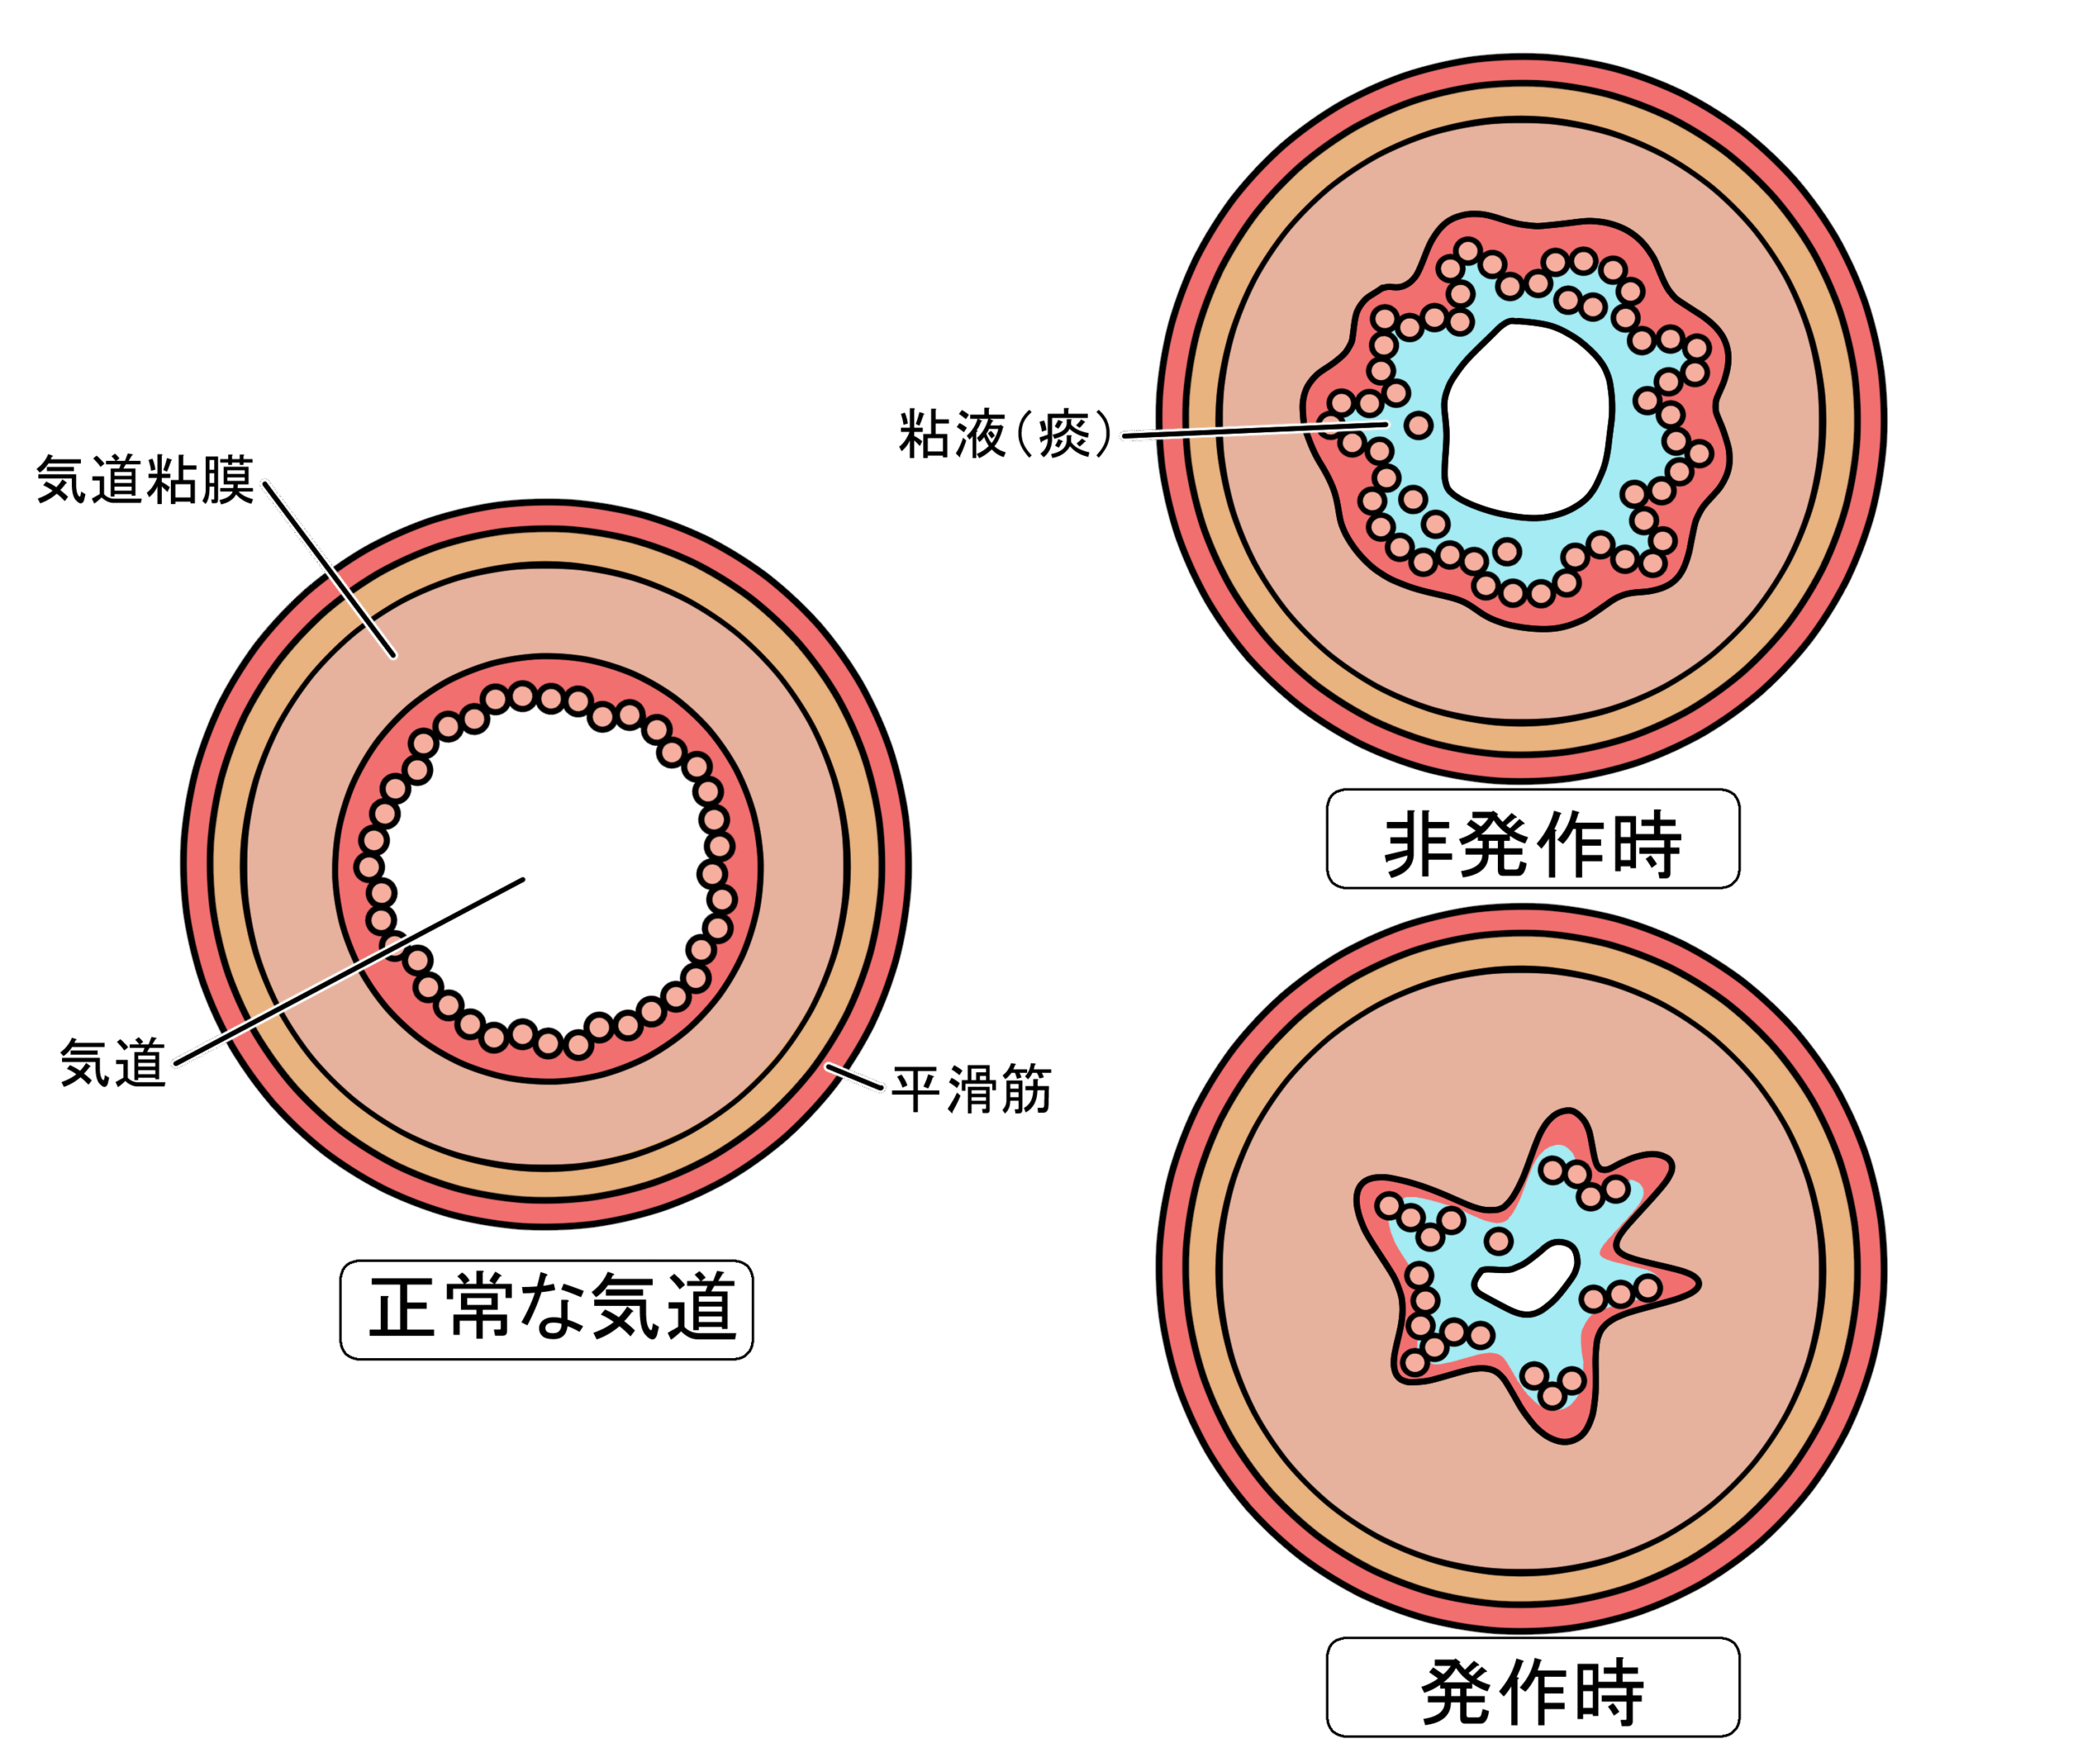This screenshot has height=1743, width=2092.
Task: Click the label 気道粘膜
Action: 145,480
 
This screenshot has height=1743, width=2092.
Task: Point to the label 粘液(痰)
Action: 1004,433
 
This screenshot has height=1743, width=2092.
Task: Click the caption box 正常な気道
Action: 546,1309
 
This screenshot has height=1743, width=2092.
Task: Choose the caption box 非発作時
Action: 1532,838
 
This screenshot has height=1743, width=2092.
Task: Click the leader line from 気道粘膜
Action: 329,568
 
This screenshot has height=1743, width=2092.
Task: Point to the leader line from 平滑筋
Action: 855,1077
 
